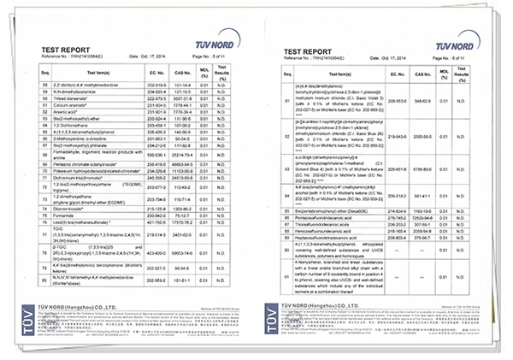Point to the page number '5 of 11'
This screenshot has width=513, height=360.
(216, 58)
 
